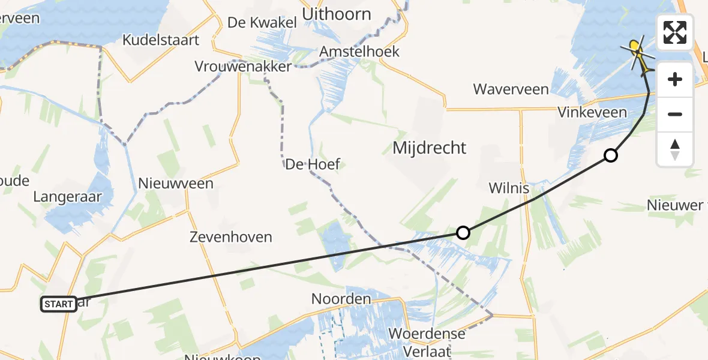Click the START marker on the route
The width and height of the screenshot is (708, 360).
tap(59, 304)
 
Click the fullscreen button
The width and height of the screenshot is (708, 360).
tap(675, 32)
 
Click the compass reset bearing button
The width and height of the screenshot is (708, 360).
tap(675, 149)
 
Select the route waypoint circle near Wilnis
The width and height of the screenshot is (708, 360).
tap(463, 232)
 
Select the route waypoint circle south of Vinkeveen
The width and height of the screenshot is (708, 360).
tap(610, 155)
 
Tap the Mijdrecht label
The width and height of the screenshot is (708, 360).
tap(429, 148)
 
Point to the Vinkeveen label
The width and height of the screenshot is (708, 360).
tap(592, 112)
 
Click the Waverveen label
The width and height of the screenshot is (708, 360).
tap(511, 89)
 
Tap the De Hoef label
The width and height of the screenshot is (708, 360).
tap(313, 164)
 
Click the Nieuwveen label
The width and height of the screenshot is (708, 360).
tap(176, 183)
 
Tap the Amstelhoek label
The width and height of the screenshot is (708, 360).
tap(359, 52)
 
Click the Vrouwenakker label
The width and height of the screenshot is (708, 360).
tap(243, 66)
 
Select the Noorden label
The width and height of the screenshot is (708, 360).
tap(341, 298)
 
